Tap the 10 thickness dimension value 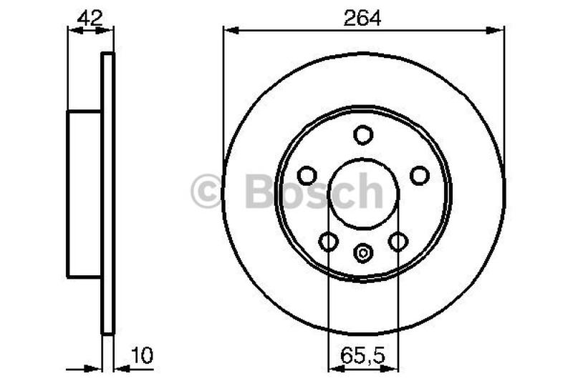[143, 355]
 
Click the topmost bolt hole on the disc [363, 134]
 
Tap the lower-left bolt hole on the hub [329, 242]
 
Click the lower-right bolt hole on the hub [398, 242]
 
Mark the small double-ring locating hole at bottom [363, 252]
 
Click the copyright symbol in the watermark [207, 192]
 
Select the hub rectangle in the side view [84, 194]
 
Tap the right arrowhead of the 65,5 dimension [393, 369]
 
